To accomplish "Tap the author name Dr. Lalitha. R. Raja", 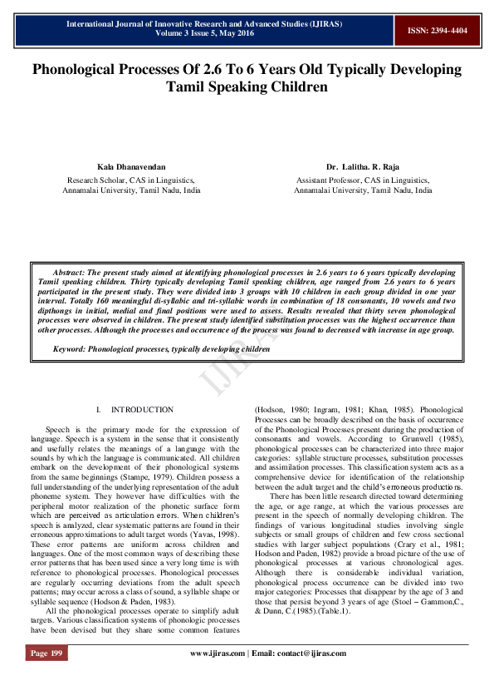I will pyautogui.click(x=363, y=166).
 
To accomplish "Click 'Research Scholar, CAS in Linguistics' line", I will pyautogui.click(x=131, y=179).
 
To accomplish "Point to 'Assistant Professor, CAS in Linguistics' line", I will pyautogui.click(x=363, y=179).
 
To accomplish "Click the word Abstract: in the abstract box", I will pyautogui.click(x=69, y=272).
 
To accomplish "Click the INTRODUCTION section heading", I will pyautogui.click(x=142, y=410).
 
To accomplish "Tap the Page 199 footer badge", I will pyautogui.click(x=46, y=677).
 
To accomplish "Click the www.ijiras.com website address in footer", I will pyautogui.click(x=219, y=677).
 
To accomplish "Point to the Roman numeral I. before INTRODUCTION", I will pyautogui.click(x=99, y=410).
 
